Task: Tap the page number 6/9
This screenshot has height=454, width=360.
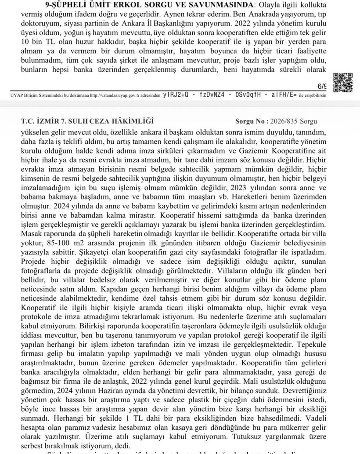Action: click(322, 86)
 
